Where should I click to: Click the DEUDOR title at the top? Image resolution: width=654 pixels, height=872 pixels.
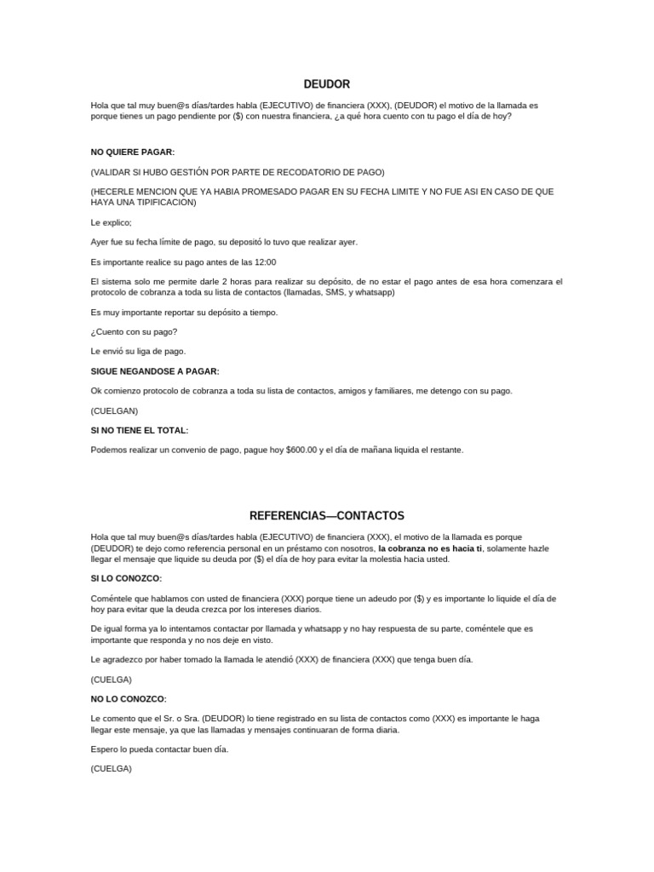click(327, 84)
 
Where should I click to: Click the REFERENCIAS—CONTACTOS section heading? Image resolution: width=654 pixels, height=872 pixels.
click(327, 516)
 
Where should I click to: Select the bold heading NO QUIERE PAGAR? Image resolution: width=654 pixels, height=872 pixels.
click(132, 152)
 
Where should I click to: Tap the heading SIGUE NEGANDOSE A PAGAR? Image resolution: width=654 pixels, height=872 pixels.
click(155, 371)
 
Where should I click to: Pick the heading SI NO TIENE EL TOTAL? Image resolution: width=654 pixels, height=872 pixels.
click(140, 430)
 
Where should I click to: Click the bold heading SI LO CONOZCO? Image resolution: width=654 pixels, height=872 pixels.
click(126, 578)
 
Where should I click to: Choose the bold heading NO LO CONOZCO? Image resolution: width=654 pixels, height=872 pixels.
click(129, 699)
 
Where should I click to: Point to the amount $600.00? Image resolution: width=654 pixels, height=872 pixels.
click(301, 450)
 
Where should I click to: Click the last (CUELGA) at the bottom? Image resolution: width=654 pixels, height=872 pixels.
click(112, 768)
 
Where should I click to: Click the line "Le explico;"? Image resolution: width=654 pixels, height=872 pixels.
click(112, 222)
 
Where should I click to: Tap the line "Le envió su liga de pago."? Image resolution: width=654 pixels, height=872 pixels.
click(138, 351)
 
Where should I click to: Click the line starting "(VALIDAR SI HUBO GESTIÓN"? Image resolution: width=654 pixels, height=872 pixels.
click(238, 171)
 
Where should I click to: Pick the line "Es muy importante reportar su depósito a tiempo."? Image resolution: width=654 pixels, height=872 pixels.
click(184, 313)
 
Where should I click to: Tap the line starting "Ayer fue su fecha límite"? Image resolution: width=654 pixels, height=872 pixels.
click(225, 242)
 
